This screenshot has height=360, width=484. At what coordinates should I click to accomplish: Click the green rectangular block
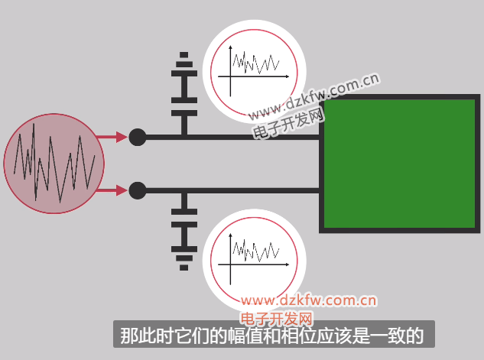coord(401,164)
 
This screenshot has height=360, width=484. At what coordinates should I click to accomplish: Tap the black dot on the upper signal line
coord(137,138)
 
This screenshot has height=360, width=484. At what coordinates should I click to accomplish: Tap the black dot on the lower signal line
coord(137,190)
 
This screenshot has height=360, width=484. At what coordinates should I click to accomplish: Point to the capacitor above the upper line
coord(184,107)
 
